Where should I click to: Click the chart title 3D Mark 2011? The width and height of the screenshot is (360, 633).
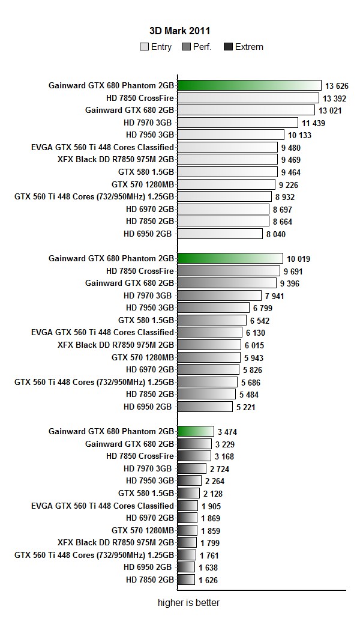coord(179,30)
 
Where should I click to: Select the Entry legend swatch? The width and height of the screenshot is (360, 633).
coord(144,47)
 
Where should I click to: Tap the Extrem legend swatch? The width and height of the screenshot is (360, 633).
coord(228,47)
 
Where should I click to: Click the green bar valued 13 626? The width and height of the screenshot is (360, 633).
coord(250,85)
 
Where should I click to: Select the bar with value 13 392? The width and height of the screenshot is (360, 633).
coord(248,98)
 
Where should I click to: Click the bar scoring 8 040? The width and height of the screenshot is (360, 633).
coord(220,234)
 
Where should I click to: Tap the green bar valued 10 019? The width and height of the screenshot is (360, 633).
coord(230,258)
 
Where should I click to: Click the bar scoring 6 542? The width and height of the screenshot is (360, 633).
coord(212,320)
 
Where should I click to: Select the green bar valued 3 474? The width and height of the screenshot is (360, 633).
coord(196,431)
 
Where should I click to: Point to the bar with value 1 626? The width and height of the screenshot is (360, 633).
coord(187,580)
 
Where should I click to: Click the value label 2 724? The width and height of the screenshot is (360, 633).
coord(219,469)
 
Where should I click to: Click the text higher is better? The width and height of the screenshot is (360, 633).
coord(185,603)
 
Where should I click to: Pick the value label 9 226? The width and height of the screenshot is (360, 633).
coord(289,185)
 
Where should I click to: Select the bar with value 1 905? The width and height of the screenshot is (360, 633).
coord(188,506)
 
